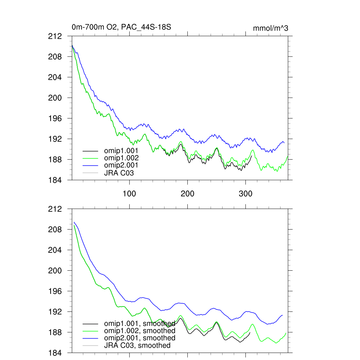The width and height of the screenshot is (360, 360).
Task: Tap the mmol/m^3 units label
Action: point(270,28)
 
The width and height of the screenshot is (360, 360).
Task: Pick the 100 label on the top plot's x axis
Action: point(129,194)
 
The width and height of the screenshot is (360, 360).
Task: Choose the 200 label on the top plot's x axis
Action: point(187,194)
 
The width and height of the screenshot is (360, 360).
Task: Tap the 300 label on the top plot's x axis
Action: point(245,194)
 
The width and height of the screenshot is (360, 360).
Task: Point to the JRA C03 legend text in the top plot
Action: point(119,173)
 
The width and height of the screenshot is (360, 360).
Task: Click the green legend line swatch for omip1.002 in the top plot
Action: point(90,158)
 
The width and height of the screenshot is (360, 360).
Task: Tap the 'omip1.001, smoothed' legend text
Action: point(140,323)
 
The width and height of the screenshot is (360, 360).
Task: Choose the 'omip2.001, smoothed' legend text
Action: point(140,338)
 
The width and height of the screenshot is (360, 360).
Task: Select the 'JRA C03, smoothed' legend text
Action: point(137,345)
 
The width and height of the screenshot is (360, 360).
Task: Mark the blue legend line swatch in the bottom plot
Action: point(90,338)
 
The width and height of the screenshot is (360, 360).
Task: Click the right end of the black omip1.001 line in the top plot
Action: point(252,156)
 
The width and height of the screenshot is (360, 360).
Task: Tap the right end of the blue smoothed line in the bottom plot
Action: point(283,315)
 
